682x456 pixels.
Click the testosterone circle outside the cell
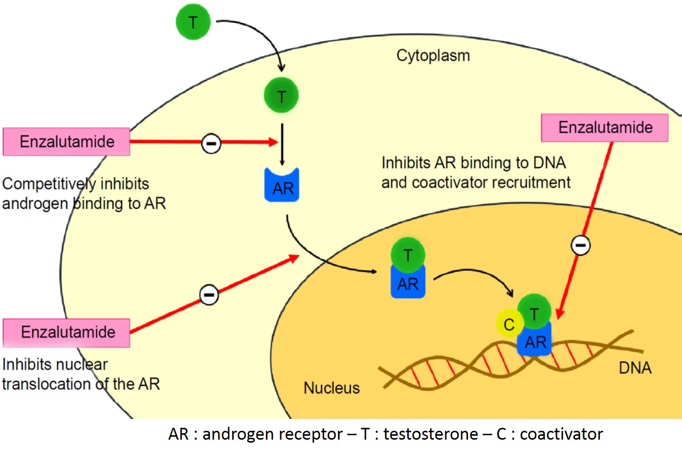pyautogui.click(x=193, y=22)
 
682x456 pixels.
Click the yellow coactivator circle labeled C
pyautogui.click(x=509, y=324)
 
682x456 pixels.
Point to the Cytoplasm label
pyautogui.click(x=433, y=55)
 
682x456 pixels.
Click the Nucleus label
pyautogui.click(x=332, y=388)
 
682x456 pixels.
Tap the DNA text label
pyautogui.click(x=635, y=368)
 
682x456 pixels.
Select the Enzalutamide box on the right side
pyautogui.click(x=605, y=128)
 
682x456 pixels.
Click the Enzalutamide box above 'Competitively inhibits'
pyautogui.click(x=67, y=142)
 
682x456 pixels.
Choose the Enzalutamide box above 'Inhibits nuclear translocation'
pyautogui.click(x=67, y=332)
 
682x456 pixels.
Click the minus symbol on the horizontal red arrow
pyautogui.click(x=211, y=143)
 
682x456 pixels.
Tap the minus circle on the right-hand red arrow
pyautogui.click(x=581, y=245)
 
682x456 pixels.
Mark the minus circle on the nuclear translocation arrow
pyautogui.click(x=209, y=295)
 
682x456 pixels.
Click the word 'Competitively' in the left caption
pyautogui.click(x=49, y=184)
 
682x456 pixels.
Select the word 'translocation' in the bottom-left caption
pyautogui.click(x=47, y=384)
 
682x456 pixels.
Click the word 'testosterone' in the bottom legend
pyautogui.click(x=430, y=434)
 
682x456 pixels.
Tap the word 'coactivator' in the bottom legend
pyautogui.click(x=561, y=434)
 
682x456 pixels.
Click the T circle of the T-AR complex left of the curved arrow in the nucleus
pyautogui.click(x=408, y=255)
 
